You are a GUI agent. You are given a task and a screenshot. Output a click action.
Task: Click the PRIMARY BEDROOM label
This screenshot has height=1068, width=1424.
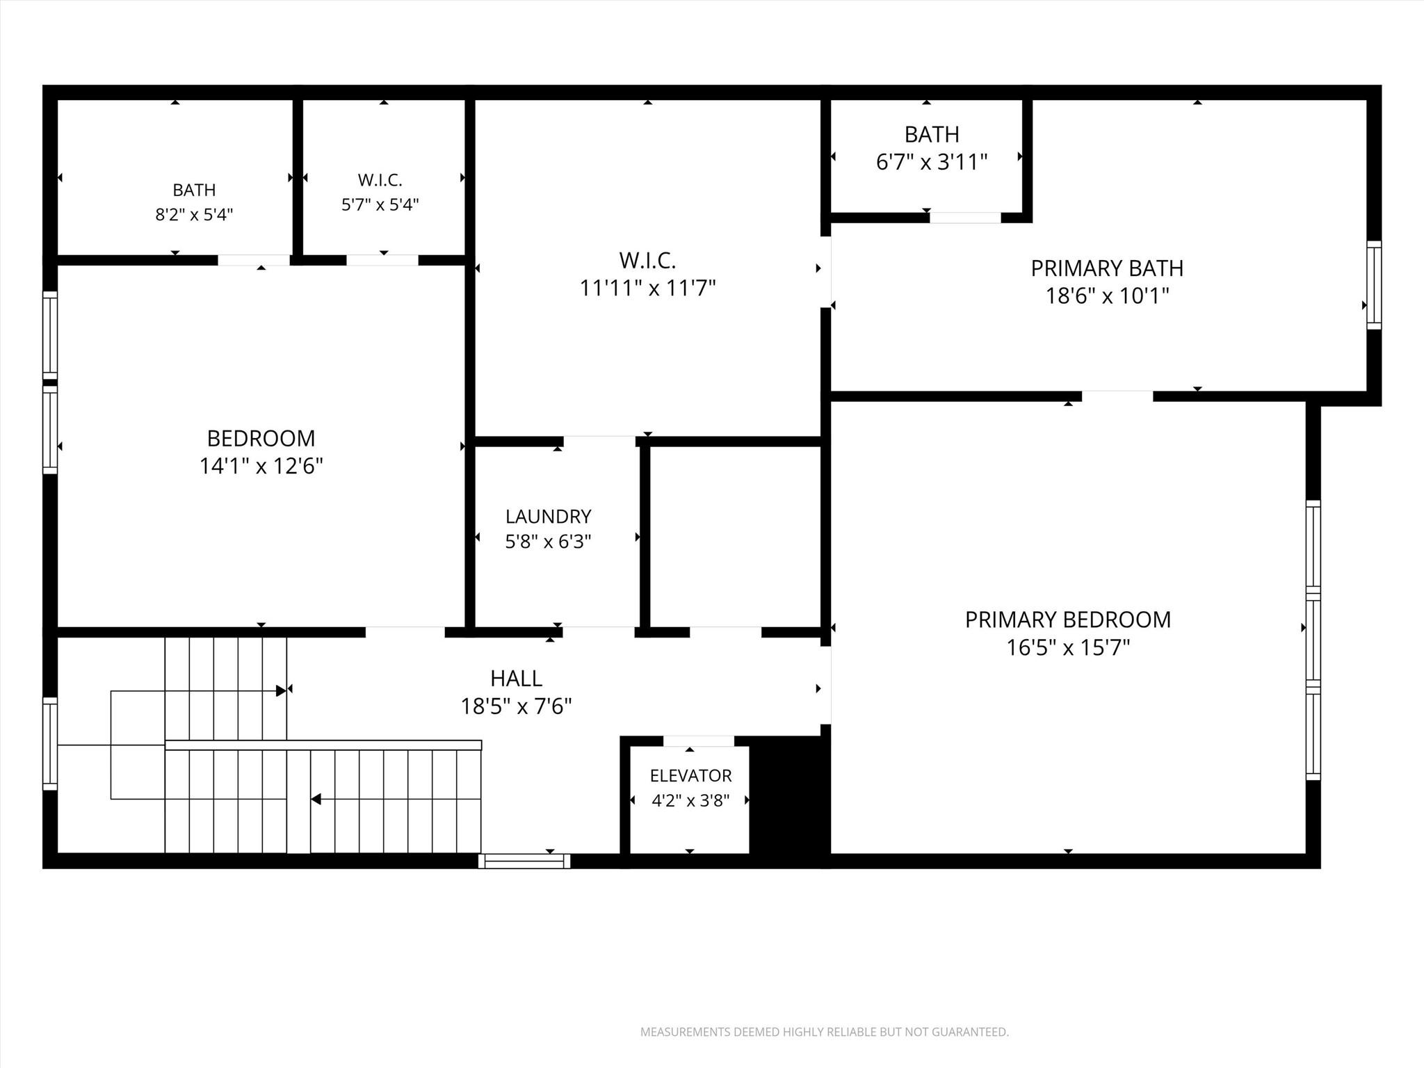click(1068, 620)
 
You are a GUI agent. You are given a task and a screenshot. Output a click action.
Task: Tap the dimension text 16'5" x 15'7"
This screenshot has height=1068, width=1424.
click(1068, 648)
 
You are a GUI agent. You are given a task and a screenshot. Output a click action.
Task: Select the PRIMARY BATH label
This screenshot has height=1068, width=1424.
click(1107, 268)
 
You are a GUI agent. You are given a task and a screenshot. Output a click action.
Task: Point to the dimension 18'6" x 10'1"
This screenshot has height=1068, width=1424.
click(1107, 296)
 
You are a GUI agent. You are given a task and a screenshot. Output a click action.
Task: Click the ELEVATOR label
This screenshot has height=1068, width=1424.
click(690, 775)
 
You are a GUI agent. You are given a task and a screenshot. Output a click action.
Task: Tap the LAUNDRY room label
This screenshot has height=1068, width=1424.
click(548, 517)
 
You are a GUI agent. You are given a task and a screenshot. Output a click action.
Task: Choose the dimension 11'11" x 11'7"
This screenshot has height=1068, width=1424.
click(647, 288)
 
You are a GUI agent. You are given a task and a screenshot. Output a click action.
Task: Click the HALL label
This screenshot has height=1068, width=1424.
click(516, 678)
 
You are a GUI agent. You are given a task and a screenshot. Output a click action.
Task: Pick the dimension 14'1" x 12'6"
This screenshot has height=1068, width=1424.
click(261, 466)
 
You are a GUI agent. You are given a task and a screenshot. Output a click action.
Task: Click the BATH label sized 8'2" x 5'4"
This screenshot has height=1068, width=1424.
click(194, 190)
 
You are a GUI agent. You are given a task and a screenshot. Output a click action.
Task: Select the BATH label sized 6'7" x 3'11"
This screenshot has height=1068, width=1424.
click(932, 134)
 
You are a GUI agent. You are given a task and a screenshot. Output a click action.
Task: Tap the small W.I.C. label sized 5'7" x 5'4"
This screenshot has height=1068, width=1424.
click(380, 180)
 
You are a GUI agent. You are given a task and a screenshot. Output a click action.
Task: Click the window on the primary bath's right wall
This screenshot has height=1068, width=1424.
click(1374, 285)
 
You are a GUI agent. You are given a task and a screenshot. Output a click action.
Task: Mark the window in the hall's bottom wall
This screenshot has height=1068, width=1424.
click(524, 861)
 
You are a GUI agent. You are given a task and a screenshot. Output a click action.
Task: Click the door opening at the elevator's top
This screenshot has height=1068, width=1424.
click(698, 741)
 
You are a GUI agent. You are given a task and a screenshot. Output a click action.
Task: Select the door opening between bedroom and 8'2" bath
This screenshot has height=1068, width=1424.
click(254, 260)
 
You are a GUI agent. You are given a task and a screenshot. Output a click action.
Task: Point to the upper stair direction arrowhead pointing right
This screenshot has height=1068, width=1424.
click(282, 690)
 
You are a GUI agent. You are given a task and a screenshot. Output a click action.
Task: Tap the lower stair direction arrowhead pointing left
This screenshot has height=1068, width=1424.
click(316, 800)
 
